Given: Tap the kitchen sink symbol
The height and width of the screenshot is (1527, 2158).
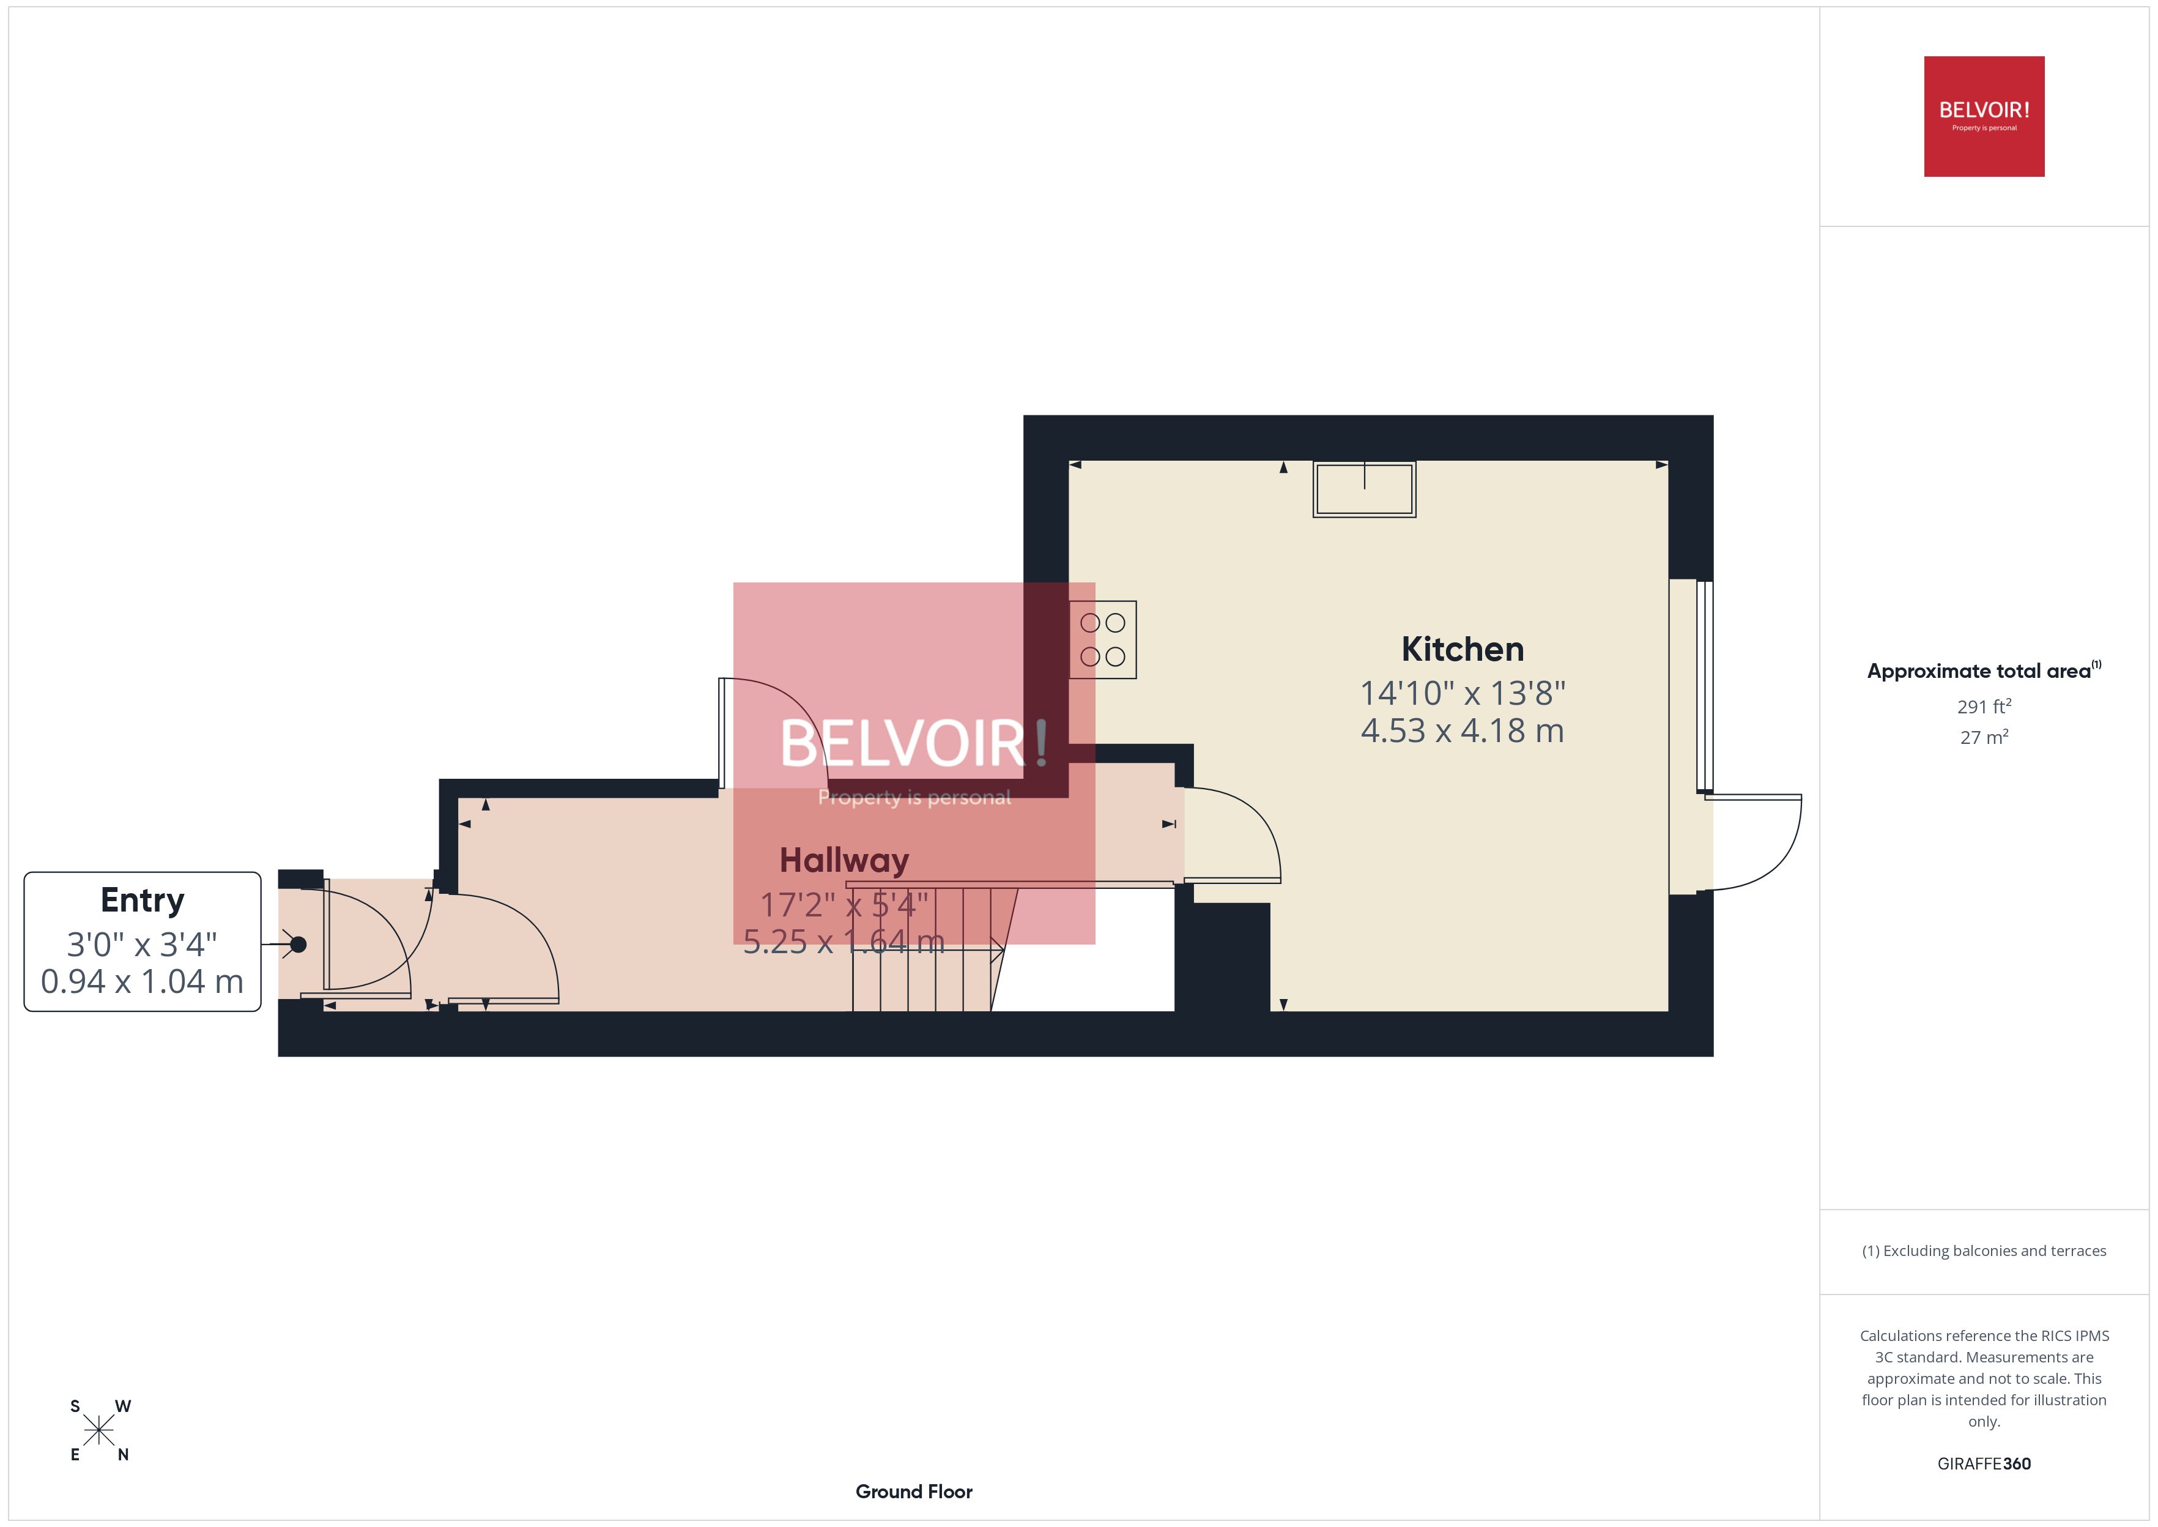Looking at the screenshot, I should point(1364,489).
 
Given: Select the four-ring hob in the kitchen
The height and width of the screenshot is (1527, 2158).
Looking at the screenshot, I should point(1102,639).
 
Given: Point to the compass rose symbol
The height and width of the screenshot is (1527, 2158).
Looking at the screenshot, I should point(98,1431).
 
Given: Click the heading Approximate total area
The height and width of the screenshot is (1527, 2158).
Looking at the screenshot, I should point(1979,671).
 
